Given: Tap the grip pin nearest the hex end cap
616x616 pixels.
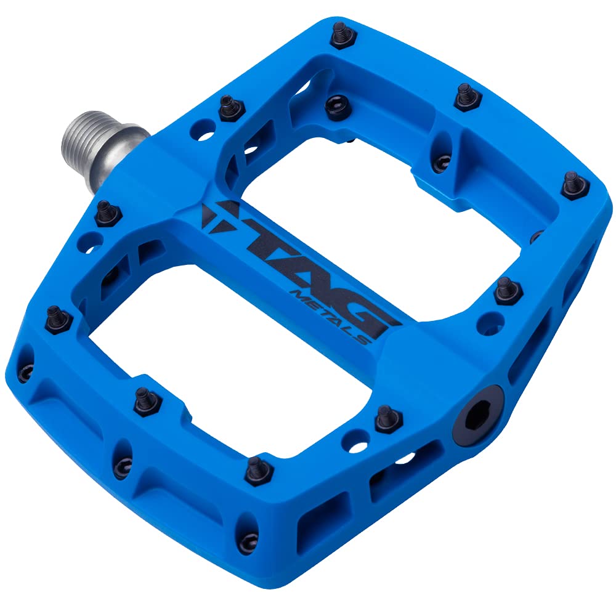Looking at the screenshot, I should pyautogui.click(x=387, y=418).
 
